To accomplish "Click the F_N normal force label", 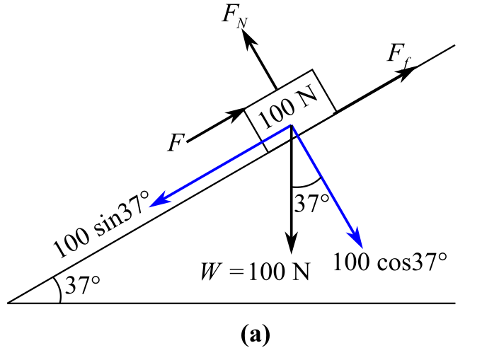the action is point(235,16).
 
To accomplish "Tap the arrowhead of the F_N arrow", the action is point(248,38).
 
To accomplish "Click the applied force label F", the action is point(176,143).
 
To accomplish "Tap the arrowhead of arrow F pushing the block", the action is point(237,115).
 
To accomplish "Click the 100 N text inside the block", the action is point(287,107).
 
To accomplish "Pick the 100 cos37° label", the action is point(390,262).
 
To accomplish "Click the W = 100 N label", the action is point(255,272).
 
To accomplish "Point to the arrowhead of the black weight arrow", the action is point(291,243).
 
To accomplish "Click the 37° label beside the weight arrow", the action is point(311,203).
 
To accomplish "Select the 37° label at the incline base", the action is point(82,285).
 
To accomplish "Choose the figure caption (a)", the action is point(255,335).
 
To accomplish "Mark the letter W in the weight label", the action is point(211,272).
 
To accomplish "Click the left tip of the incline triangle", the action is point(7,303).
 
